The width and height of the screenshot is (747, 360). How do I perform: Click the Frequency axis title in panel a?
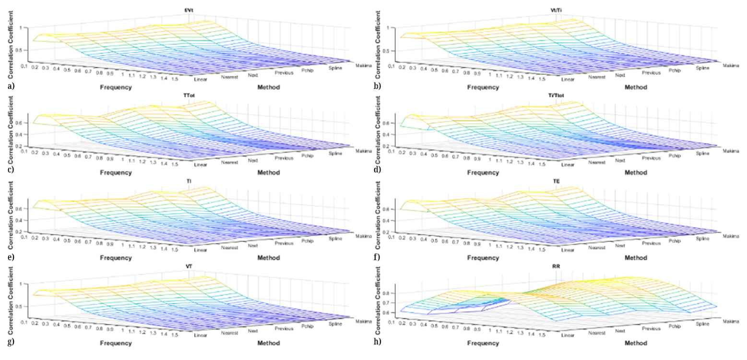(116, 87)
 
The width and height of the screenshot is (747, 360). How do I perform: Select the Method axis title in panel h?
(635, 344)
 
